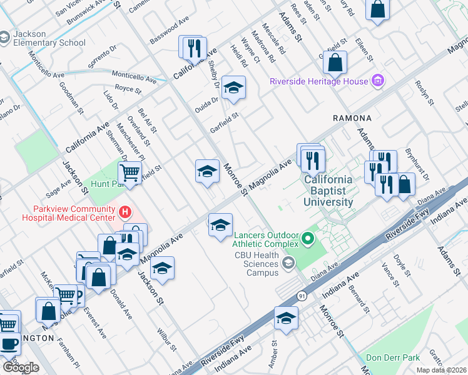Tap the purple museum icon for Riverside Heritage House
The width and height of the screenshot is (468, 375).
[377, 81]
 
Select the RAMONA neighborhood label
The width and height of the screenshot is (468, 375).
[352, 117]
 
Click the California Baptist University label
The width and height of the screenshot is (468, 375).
[328, 191]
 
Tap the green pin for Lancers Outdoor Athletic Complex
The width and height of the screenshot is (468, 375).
[307, 239]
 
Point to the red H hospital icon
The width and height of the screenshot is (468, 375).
[125, 213]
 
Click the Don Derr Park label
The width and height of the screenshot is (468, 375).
[392, 358]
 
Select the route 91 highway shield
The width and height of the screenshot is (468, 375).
[302, 297]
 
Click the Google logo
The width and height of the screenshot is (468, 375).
[21, 367]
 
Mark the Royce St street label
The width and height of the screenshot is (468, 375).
[129, 89]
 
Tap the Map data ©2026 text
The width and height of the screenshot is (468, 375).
[440, 370]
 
